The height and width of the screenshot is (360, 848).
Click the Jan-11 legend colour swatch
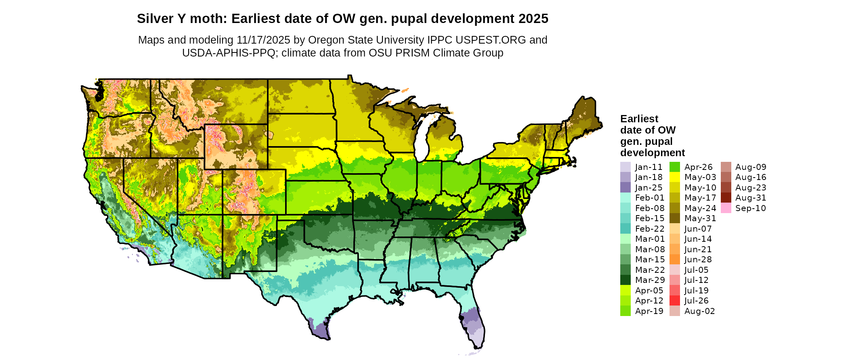point(625,167)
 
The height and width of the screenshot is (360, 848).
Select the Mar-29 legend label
point(650,280)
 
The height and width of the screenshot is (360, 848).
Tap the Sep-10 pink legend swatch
point(726,208)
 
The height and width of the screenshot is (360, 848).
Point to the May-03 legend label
point(700,177)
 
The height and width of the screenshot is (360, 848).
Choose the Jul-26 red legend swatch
point(674,301)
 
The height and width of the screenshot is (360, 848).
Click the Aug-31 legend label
point(751,198)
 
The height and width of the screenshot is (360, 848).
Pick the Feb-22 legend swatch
point(625,228)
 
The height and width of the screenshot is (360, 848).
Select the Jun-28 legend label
point(698,260)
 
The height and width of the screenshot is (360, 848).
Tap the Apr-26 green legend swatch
point(674,167)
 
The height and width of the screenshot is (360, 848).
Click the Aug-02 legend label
point(699,311)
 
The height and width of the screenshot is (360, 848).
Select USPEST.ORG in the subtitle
point(491,40)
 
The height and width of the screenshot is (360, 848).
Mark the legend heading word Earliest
point(639,119)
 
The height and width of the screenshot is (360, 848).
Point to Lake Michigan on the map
point(422,137)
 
